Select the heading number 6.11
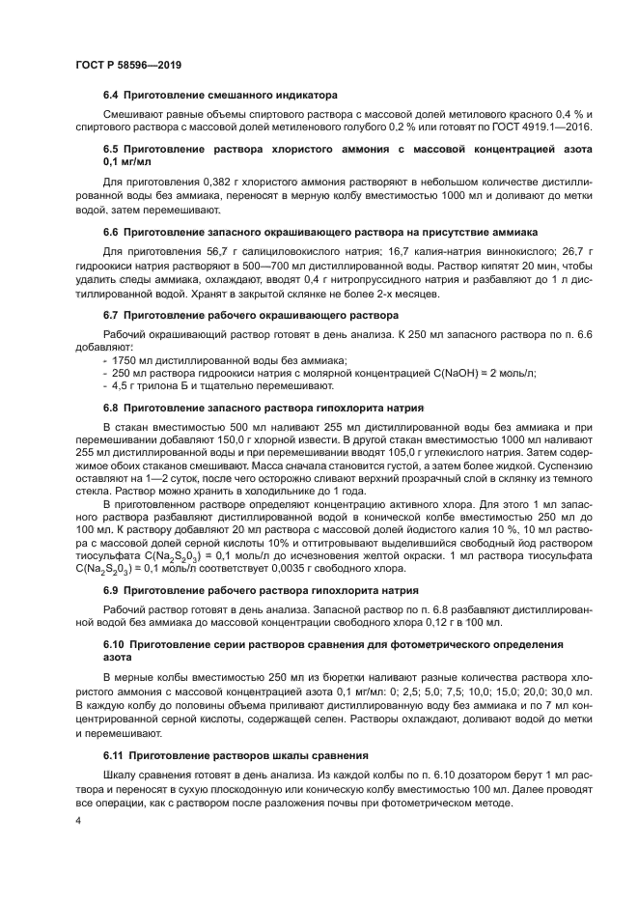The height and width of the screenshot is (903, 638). [115, 727]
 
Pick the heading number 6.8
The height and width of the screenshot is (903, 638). [112, 409]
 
